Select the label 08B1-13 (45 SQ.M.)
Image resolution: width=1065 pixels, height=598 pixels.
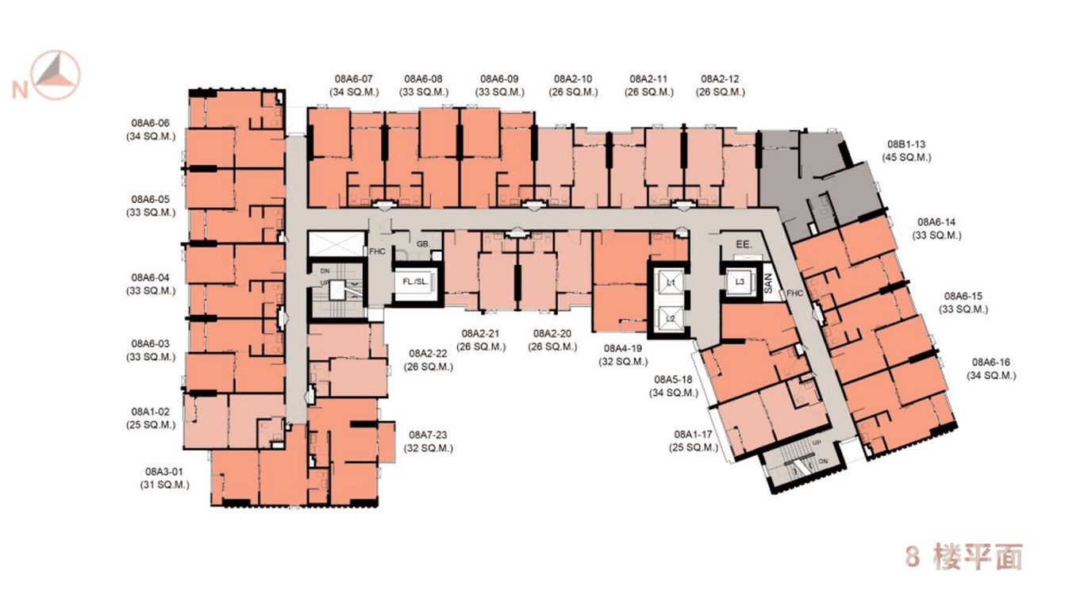tap(906, 151)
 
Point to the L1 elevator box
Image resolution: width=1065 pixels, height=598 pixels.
tap(670, 282)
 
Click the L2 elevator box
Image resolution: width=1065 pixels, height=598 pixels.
tap(670, 318)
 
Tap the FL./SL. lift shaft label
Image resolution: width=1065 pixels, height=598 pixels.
tap(415, 282)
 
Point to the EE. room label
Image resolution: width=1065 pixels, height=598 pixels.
tap(744, 244)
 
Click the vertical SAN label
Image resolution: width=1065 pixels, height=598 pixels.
tap(768, 286)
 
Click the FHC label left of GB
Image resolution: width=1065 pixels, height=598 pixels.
tap(377, 251)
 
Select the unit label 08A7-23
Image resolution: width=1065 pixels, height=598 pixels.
tap(431, 441)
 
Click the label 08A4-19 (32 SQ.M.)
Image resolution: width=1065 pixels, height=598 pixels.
tap(627, 354)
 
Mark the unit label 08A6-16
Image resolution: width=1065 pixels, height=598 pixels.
tap(991, 369)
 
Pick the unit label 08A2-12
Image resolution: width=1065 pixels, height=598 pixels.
tap(721, 86)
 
